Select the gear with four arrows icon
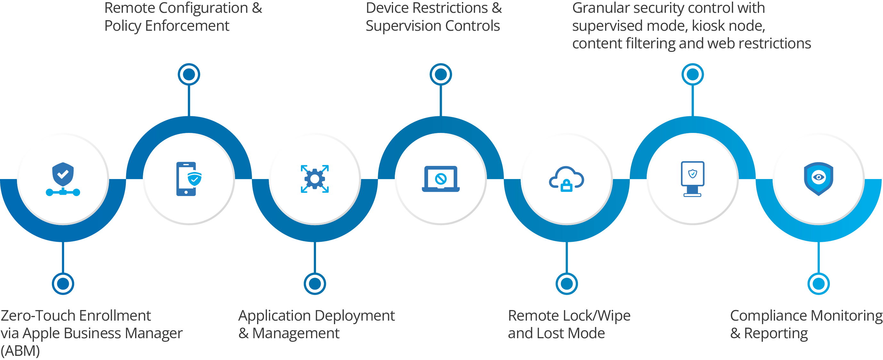315,179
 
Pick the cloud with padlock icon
566,179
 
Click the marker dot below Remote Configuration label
189,74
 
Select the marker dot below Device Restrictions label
441,74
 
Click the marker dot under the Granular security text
693,74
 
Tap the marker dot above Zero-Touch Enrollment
63,283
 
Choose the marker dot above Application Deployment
315,283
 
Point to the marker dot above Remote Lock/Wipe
566,283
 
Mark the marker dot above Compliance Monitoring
819,283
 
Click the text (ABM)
20,351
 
